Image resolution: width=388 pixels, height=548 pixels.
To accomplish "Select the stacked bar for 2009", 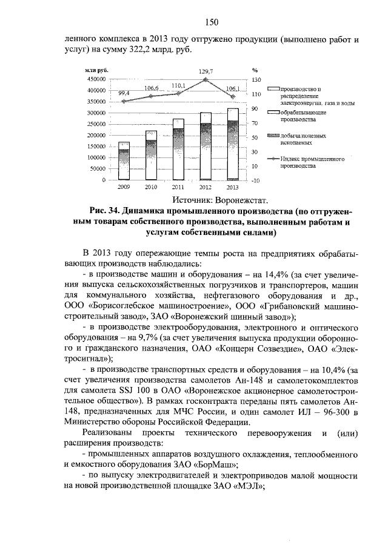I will [x=124, y=161].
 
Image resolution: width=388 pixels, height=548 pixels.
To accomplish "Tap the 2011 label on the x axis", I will [x=178, y=187].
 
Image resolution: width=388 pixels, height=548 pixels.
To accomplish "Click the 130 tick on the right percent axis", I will [x=256, y=79].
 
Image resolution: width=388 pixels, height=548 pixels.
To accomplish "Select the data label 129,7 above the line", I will [x=206, y=71].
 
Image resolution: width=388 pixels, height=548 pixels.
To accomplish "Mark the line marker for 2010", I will [x=151, y=96].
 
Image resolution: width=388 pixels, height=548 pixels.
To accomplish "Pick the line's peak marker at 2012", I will [x=206, y=79].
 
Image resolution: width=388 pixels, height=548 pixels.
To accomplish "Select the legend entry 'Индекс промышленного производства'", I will [x=306, y=162].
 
